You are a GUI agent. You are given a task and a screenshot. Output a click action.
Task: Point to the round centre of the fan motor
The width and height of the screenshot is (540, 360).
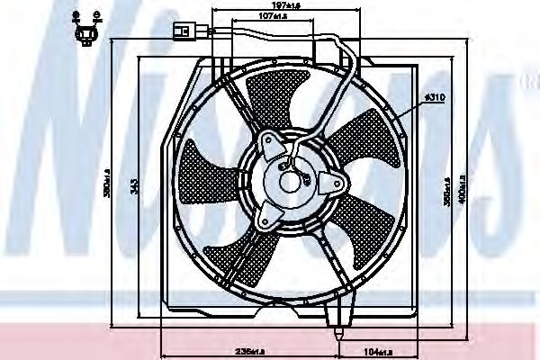coord(292,181)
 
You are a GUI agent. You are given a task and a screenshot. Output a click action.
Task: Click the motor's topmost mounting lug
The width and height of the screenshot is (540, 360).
coord(268,141)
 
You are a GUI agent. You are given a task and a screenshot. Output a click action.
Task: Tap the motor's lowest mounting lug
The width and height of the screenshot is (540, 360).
coord(266,216)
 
